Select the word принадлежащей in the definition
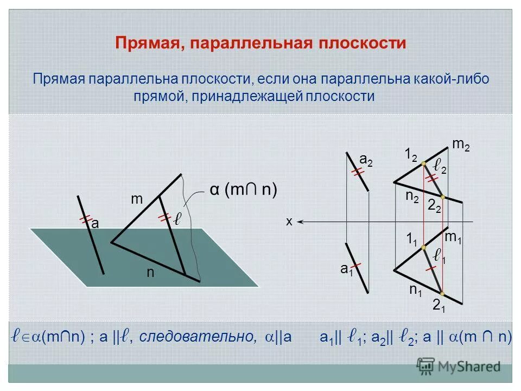click(x=245, y=97)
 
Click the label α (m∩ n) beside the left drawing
click(x=243, y=190)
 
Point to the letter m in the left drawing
click(x=136, y=200)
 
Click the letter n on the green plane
click(x=150, y=274)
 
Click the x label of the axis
click(x=289, y=222)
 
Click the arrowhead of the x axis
click(x=301, y=222)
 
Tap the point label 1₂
click(x=411, y=155)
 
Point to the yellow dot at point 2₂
click(x=442, y=197)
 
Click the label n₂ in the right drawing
click(x=412, y=197)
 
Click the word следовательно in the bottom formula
click(x=198, y=337)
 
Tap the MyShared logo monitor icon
click(x=426, y=365)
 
